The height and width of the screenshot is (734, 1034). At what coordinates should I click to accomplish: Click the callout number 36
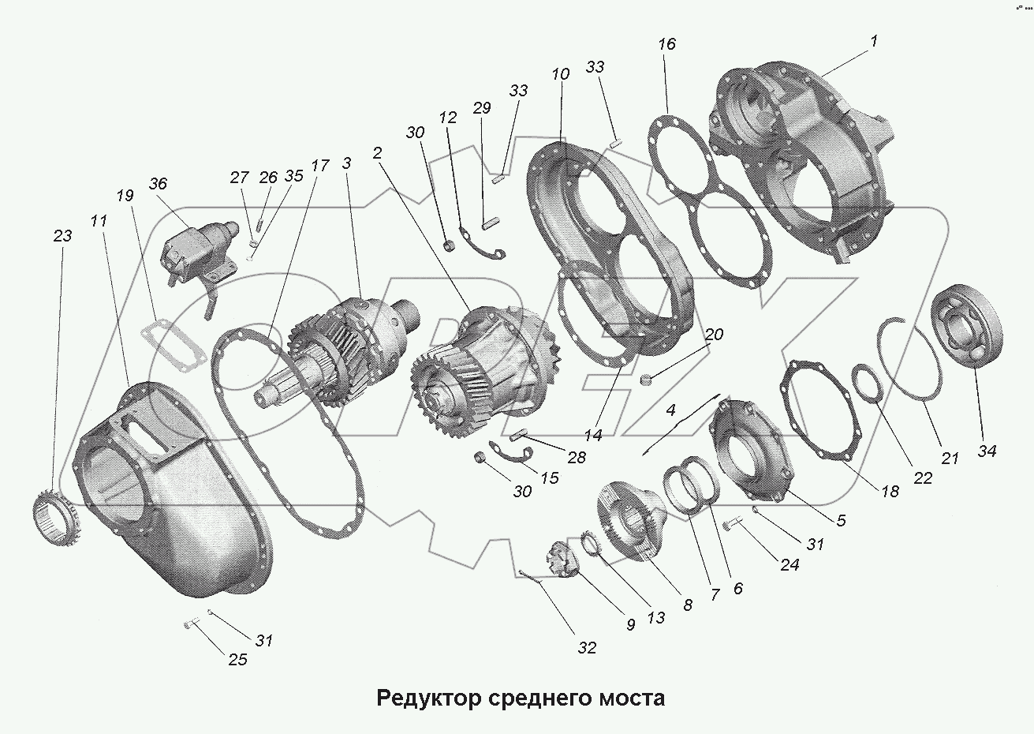click(x=158, y=183)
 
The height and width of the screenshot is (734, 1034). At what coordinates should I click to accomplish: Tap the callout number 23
click(x=62, y=236)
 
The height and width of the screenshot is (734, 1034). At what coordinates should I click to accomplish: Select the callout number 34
click(x=987, y=451)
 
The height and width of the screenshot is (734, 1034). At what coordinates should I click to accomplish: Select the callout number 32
click(x=586, y=649)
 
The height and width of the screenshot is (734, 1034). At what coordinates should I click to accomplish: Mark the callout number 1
click(x=875, y=41)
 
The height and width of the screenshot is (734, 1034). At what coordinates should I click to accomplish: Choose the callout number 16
click(x=666, y=44)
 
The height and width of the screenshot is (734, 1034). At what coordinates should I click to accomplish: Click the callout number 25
click(x=237, y=659)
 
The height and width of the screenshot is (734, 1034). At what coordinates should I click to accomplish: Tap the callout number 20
click(x=713, y=335)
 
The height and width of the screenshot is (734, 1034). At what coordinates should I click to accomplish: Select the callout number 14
click(x=592, y=434)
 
